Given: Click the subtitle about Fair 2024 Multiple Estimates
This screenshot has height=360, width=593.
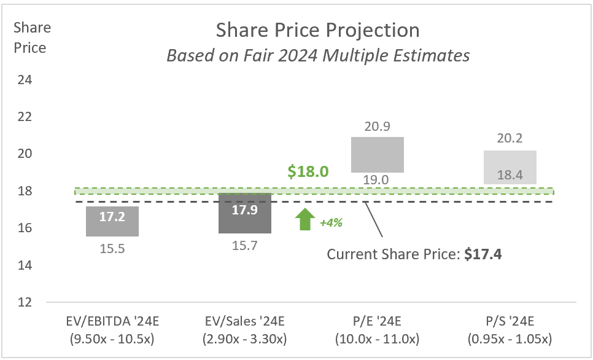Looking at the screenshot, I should pyautogui.click(x=318, y=55).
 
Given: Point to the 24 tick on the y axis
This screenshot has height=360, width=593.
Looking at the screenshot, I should pyautogui.click(x=25, y=80).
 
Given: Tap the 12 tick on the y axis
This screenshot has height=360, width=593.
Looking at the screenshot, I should pyautogui.click(x=25, y=302).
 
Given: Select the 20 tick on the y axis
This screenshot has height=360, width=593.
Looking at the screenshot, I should pyautogui.click(x=25, y=154).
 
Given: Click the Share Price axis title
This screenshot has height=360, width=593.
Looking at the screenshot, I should pyautogui.click(x=32, y=37).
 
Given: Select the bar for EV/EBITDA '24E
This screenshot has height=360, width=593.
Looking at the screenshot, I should pyautogui.click(x=112, y=221).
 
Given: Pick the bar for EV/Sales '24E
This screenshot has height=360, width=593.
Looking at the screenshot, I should pyautogui.click(x=246, y=213).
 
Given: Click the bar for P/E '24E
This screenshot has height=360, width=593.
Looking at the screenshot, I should pyautogui.click(x=378, y=154).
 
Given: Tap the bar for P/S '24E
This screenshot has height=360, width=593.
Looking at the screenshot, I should pyautogui.click(x=510, y=167).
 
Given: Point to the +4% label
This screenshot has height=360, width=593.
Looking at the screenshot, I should pyautogui.click(x=331, y=223).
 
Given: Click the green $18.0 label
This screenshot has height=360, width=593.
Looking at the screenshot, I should pyautogui.click(x=309, y=171).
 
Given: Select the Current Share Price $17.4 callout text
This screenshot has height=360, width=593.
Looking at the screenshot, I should pyautogui.click(x=414, y=254).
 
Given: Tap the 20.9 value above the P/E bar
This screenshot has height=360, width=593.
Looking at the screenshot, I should pyautogui.click(x=378, y=127).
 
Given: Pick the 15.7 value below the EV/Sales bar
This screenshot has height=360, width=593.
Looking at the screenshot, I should pyautogui.click(x=246, y=245).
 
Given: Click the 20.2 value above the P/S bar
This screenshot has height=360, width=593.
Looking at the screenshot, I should pyautogui.click(x=510, y=139).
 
